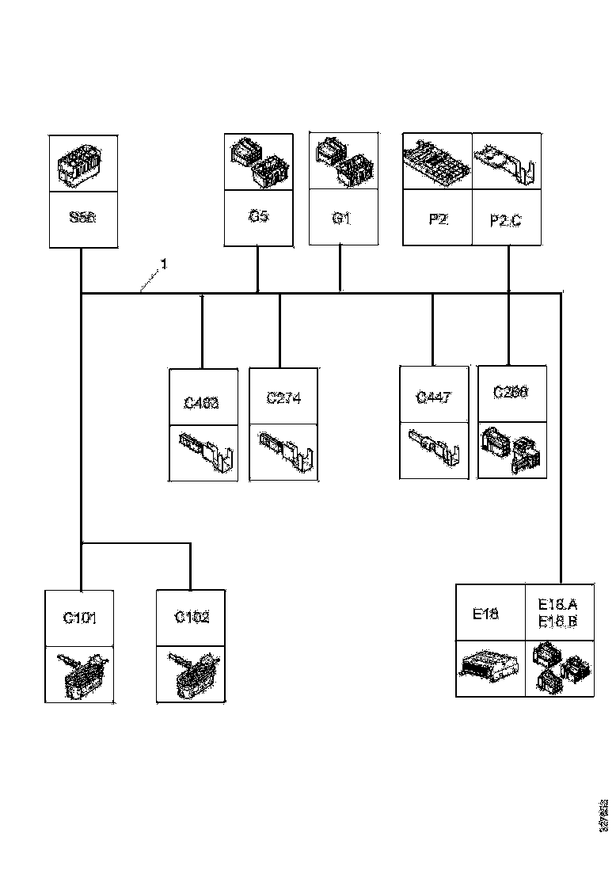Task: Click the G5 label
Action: pyautogui.click(x=259, y=216)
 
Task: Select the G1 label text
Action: pyautogui.click(x=341, y=218)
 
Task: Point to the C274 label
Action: pyautogui.click(x=283, y=398)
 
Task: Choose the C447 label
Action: pyautogui.click(x=434, y=397)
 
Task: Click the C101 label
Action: pyautogui.click(x=80, y=618)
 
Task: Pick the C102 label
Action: pyautogui.click(x=192, y=618)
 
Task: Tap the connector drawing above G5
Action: pyautogui.click(x=259, y=162)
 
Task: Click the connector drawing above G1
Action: pyautogui.click(x=341, y=162)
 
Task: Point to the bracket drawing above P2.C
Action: pyautogui.click(x=508, y=162)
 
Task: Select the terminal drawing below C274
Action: pyautogui.click(x=283, y=452)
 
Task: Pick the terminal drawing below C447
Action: pyautogui.click(x=434, y=450)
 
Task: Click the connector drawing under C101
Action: pyautogui.click(x=80, y=674)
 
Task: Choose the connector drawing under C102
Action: pyautogui.click(x=192, y=674)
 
